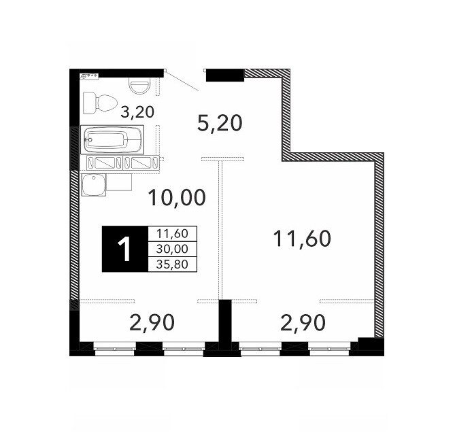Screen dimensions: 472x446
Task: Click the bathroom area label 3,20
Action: [137, 112]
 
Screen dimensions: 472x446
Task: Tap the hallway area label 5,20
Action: [220, 123]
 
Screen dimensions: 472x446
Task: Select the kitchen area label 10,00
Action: [177, 198]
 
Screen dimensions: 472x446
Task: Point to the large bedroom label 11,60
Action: [302, 239]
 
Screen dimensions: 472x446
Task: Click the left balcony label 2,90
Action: [152, 322]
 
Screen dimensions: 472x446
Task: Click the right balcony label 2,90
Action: [303, 322]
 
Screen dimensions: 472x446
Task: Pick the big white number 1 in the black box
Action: [124, 249]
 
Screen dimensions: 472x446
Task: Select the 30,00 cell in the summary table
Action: [173, 249]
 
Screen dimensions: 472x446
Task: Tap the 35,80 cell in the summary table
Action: [173, 264]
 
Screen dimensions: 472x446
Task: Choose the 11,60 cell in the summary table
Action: [173, 233]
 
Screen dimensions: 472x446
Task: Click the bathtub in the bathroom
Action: [112, 140]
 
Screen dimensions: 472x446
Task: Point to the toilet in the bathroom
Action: [100, 103]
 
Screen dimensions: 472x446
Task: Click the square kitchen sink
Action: [94, 185]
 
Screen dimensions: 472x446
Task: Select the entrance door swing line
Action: [182, 80]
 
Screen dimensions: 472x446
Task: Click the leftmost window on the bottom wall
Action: [115, 349]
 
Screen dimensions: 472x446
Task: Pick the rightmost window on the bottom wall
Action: [330, 349]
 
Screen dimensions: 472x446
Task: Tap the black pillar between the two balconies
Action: [225, 325]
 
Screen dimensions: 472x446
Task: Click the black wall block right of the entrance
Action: [225, 75]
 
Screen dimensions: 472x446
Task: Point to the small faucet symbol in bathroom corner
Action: [89, 76]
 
